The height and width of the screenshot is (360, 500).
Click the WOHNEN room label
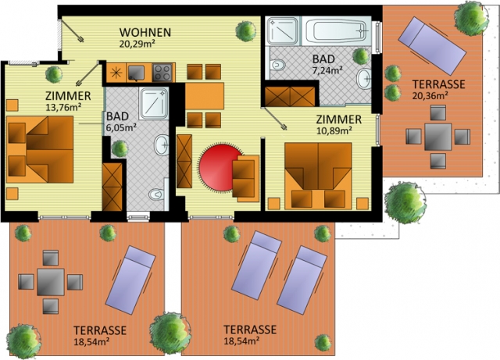point(145,32)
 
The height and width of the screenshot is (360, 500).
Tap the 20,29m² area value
point(137,43)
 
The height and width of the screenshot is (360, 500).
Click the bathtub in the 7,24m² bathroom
point(337,31)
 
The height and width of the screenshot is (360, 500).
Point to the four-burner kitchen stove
point(163,73)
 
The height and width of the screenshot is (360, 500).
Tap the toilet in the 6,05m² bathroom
point(157,194)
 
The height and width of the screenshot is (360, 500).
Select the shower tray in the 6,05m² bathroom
point(154,104)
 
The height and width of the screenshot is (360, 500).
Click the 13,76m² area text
point(62,107)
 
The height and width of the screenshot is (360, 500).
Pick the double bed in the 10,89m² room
point(318,176)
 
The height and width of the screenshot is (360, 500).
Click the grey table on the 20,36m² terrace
point(437,137)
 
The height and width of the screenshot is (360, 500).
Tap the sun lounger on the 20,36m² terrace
point(432,46)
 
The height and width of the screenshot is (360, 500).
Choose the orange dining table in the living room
point(205,95)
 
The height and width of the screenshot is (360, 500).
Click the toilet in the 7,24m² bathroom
point(277,65)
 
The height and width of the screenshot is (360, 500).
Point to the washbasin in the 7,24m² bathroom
point(363,79)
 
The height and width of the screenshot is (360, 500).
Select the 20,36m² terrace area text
point(430,95)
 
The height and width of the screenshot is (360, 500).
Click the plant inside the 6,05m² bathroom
point(120,148)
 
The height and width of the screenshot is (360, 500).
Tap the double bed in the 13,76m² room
point(40,149)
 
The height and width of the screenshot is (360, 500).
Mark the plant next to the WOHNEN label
point(246,31)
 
